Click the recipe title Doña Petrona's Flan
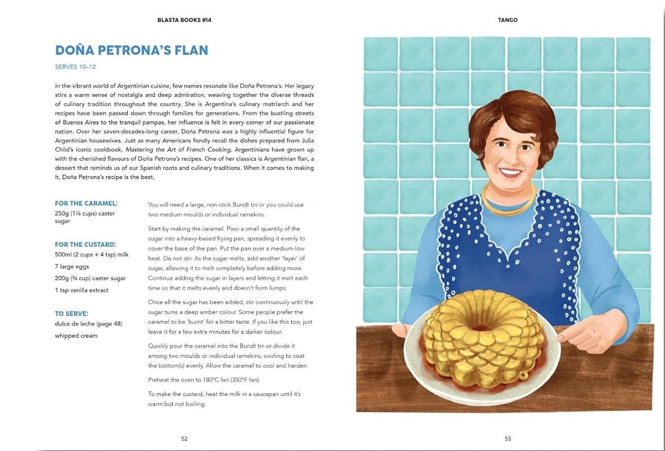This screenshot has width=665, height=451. (131, 50)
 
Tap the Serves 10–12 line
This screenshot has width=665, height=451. (75, 67)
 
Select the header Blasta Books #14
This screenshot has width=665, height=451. (184, 20)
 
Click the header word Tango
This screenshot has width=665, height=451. (507, 20)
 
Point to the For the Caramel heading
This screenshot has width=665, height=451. (86, 203)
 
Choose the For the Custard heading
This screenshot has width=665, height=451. (85, 244)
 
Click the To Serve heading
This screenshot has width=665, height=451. (71, 313)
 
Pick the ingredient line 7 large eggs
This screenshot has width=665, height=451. (72, 266)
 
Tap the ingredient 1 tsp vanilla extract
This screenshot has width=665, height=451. (81, 290)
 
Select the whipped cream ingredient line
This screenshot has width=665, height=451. (76, 336)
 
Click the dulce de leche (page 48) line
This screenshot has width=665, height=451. (89, 324)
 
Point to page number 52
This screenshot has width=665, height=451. (184, 439)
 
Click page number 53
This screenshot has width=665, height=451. (507, 439)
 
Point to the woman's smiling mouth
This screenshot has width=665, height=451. (510, 171)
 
